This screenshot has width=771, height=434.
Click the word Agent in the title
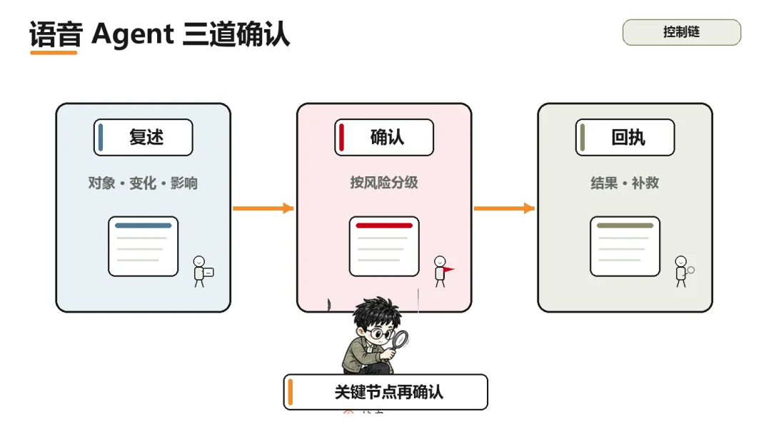point(132,34)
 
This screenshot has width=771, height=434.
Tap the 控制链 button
point(682,32)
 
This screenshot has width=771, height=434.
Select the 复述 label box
point(143,137)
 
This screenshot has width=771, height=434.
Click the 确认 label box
point(384,137)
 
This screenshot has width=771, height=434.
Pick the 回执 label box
point(625,137)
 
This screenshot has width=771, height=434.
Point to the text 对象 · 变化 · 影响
point(143,183)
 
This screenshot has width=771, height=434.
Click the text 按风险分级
point(384,182)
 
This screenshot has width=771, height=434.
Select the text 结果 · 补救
point(625,183)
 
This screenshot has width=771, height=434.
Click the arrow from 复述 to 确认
point(263,208)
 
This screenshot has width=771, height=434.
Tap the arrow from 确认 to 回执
point(504,208)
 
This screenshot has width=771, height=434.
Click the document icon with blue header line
point(143,246)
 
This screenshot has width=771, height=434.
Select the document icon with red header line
point(384,246)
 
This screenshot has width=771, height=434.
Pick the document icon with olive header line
point(625,246)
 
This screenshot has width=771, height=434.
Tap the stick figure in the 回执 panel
point(682,271)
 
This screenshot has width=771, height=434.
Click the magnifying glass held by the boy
point(399,340)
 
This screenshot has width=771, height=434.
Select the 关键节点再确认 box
point(385,392)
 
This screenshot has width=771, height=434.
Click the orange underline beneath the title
point(54,52)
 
